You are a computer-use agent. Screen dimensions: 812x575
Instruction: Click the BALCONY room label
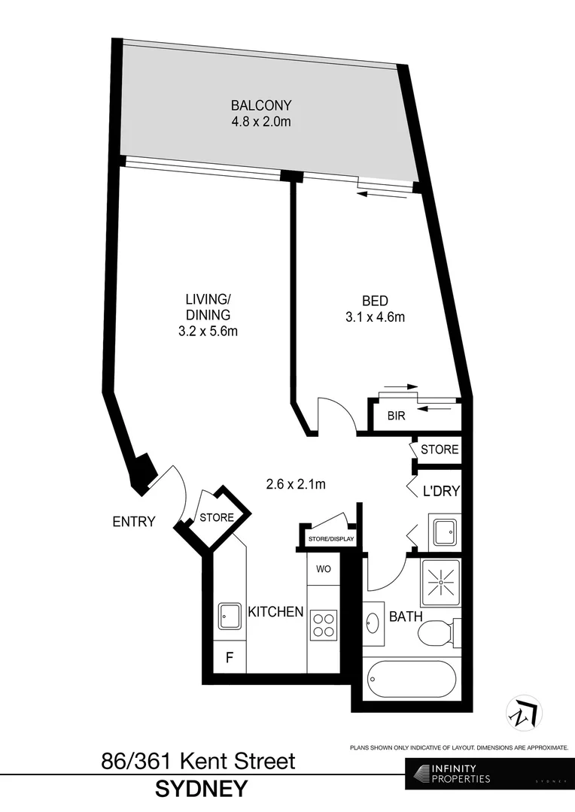point(261,105)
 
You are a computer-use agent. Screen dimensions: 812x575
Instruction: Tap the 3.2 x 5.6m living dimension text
point(208,332)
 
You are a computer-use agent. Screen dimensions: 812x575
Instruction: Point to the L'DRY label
point(440,492)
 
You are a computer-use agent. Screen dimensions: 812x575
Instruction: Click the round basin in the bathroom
point(374,623)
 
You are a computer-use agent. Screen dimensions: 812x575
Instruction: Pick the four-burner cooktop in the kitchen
point(324,624)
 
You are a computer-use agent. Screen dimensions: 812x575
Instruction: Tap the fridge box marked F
point(230,659)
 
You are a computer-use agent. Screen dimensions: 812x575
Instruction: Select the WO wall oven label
point(324,568)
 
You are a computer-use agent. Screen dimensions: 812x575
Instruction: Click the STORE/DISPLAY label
point(330,540)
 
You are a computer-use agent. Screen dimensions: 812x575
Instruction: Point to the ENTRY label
point(134,521)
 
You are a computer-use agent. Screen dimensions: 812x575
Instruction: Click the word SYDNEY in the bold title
point(201,789)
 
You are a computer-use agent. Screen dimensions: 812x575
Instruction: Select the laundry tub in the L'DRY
point(443,530)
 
